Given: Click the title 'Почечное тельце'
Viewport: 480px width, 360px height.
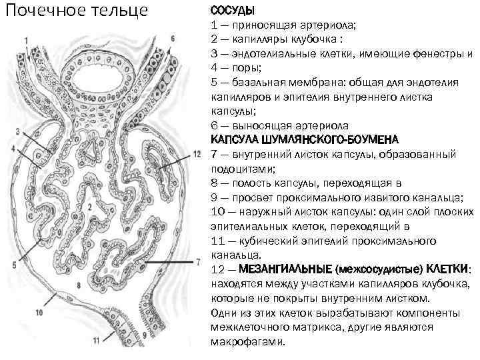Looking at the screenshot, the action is tap(75, 11).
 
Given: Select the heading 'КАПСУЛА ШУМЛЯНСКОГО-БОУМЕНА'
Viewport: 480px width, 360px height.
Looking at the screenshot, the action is tap(305, 140).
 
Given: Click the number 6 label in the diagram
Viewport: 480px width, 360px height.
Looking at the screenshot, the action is tap(173, 39).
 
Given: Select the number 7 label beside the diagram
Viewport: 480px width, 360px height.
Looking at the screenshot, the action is tap(198, 260).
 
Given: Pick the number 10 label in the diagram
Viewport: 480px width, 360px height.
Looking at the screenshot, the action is tap(38, 312).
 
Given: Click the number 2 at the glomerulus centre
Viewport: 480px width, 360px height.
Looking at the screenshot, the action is tap(89, 207).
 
